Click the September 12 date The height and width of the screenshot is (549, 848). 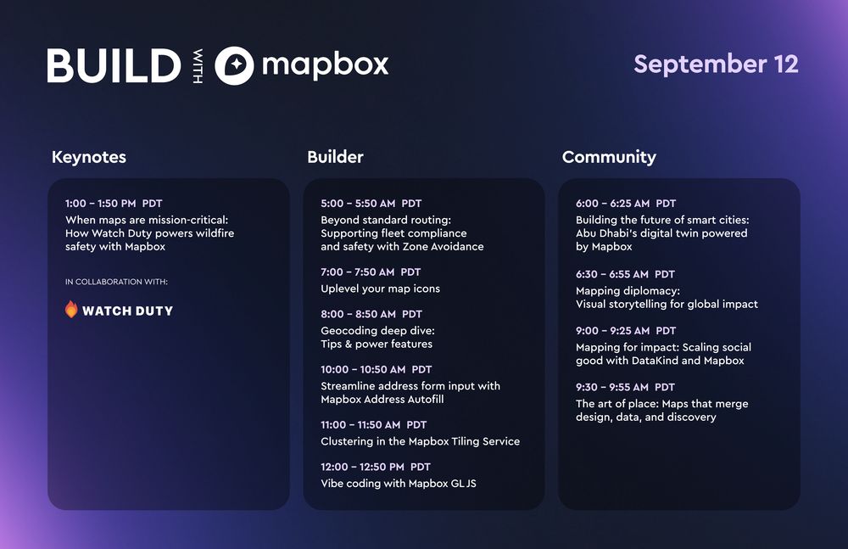716,64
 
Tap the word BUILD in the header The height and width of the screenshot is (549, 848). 114,65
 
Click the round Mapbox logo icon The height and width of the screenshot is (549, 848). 234,65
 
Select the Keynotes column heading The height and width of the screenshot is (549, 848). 89,157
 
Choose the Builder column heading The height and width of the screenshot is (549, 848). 335,157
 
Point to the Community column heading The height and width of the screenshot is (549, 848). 609,157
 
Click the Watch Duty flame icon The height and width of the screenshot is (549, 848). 71,309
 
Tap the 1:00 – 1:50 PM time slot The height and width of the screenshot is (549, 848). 101,204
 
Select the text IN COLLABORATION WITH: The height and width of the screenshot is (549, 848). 116,282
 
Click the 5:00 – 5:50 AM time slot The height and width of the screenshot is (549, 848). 358,204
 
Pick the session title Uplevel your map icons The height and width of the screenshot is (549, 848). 380,289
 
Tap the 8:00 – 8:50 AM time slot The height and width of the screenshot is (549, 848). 358,314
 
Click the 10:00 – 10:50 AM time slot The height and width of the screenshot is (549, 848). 363,369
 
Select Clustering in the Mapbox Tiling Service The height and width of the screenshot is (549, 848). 421,441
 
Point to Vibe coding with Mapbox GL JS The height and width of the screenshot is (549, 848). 399,484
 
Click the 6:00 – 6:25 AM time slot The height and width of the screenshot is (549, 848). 613,204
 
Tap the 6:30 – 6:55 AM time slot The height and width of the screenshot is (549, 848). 612,275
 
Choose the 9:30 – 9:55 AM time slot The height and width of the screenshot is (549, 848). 612,387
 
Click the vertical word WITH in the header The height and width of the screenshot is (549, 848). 198,66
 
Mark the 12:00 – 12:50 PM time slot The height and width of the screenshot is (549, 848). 362,467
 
